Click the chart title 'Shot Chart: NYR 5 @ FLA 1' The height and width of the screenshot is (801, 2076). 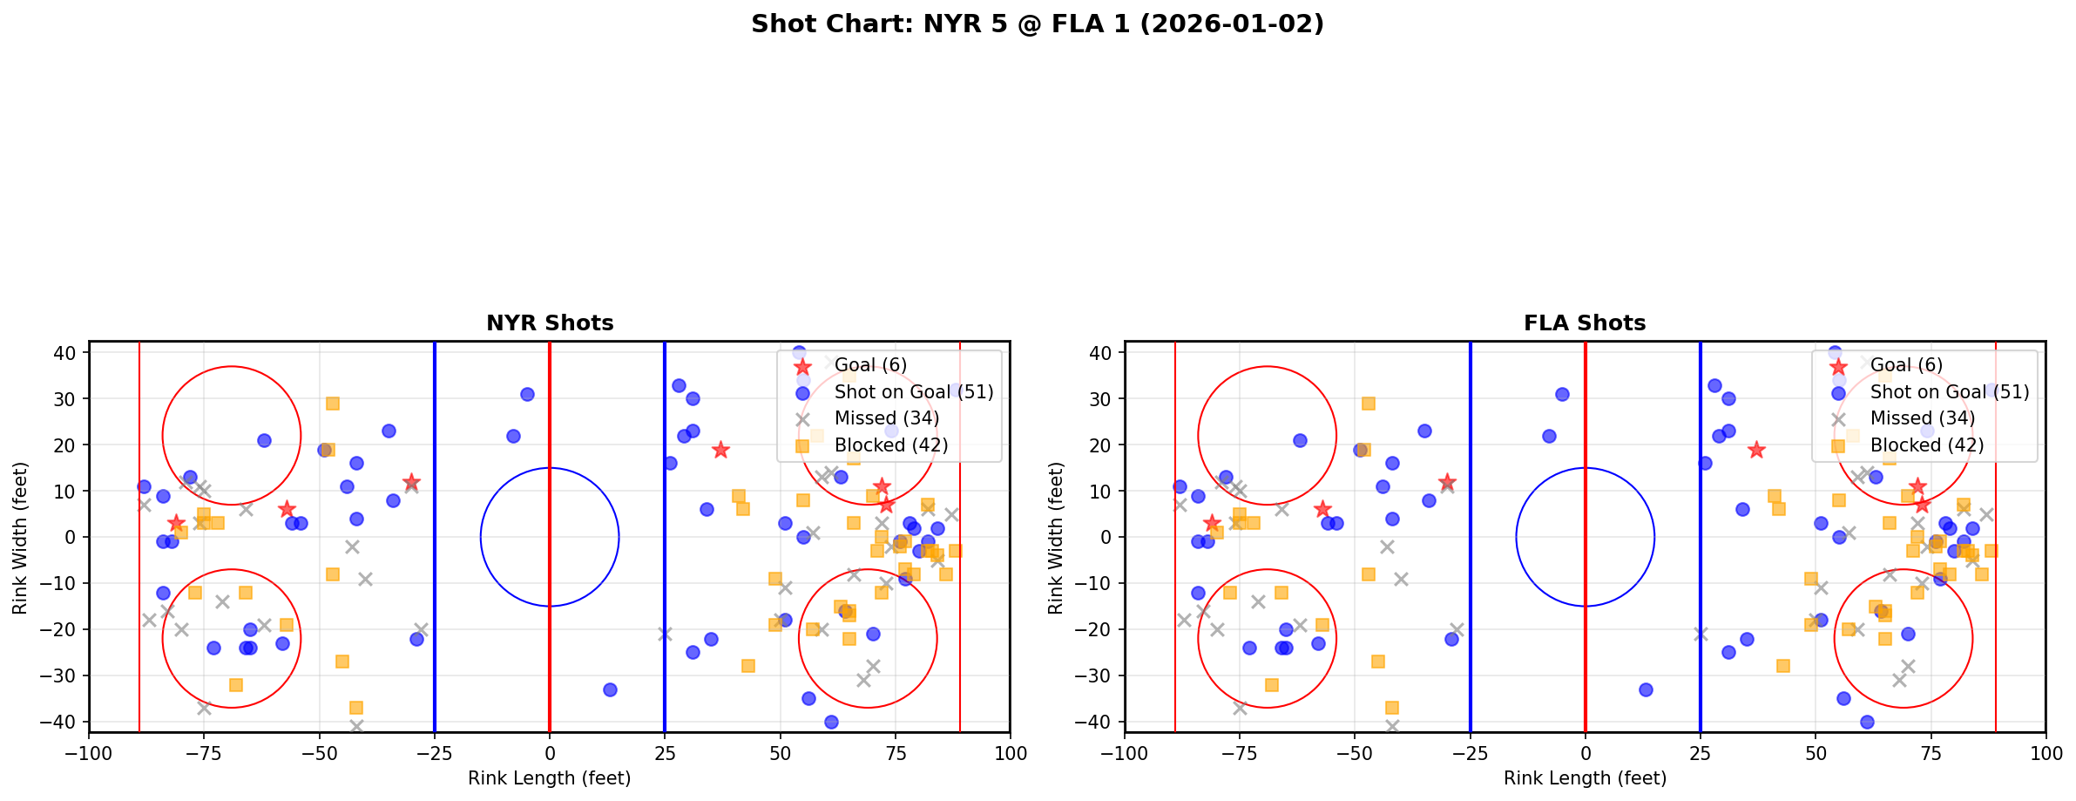coord(1037,24)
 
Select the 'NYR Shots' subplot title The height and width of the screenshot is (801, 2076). coord(550,323)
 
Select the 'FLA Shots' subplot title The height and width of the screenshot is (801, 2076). coord(1585,323)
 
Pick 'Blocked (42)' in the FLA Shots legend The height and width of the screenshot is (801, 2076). coord(1926,445)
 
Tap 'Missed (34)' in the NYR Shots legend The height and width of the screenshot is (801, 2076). coord(886,418)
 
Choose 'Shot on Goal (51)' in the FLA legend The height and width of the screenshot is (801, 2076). coord(1949,392)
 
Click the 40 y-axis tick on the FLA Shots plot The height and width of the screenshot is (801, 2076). coord(1099,353)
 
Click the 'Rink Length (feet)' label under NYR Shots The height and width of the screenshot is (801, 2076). coord(550,778)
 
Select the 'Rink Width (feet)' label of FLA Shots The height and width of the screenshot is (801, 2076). coord(1056,537)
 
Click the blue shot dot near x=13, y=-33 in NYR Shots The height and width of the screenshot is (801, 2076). coord(610,689)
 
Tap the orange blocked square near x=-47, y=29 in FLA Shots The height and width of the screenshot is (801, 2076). coord(1369,404)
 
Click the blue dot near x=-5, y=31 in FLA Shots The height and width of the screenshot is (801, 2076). coord(1562,394)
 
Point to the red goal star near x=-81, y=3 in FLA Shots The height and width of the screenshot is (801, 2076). coord(1212,523)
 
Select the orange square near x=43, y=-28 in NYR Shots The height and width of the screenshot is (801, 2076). coord(747,666)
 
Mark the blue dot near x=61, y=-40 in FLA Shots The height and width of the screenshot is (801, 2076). coord(1866,722)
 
